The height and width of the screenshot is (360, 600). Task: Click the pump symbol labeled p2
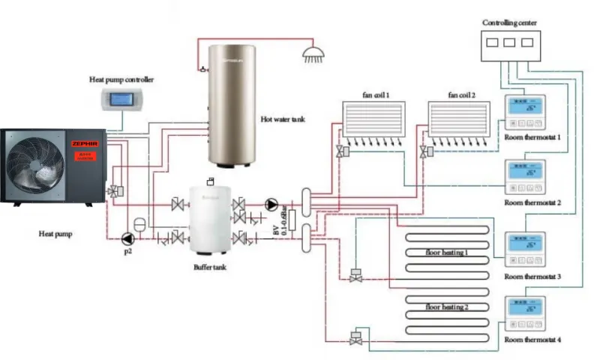pyautogui.click(x=126, y=237)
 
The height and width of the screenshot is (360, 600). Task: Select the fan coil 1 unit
pyautogui.click(x=372, y=120)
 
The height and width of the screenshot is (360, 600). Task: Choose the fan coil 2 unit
pyautogui.click(x=458, y=120)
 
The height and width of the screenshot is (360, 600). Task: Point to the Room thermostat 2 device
pyautogui.click(x=526, y=177)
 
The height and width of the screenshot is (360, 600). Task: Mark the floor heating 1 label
pyautogui.click(x=446, y=253)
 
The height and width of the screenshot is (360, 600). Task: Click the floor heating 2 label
pyautogui.click(x=446, y=307)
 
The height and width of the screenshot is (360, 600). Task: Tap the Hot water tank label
pyautogui.click(x=283, y=118)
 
